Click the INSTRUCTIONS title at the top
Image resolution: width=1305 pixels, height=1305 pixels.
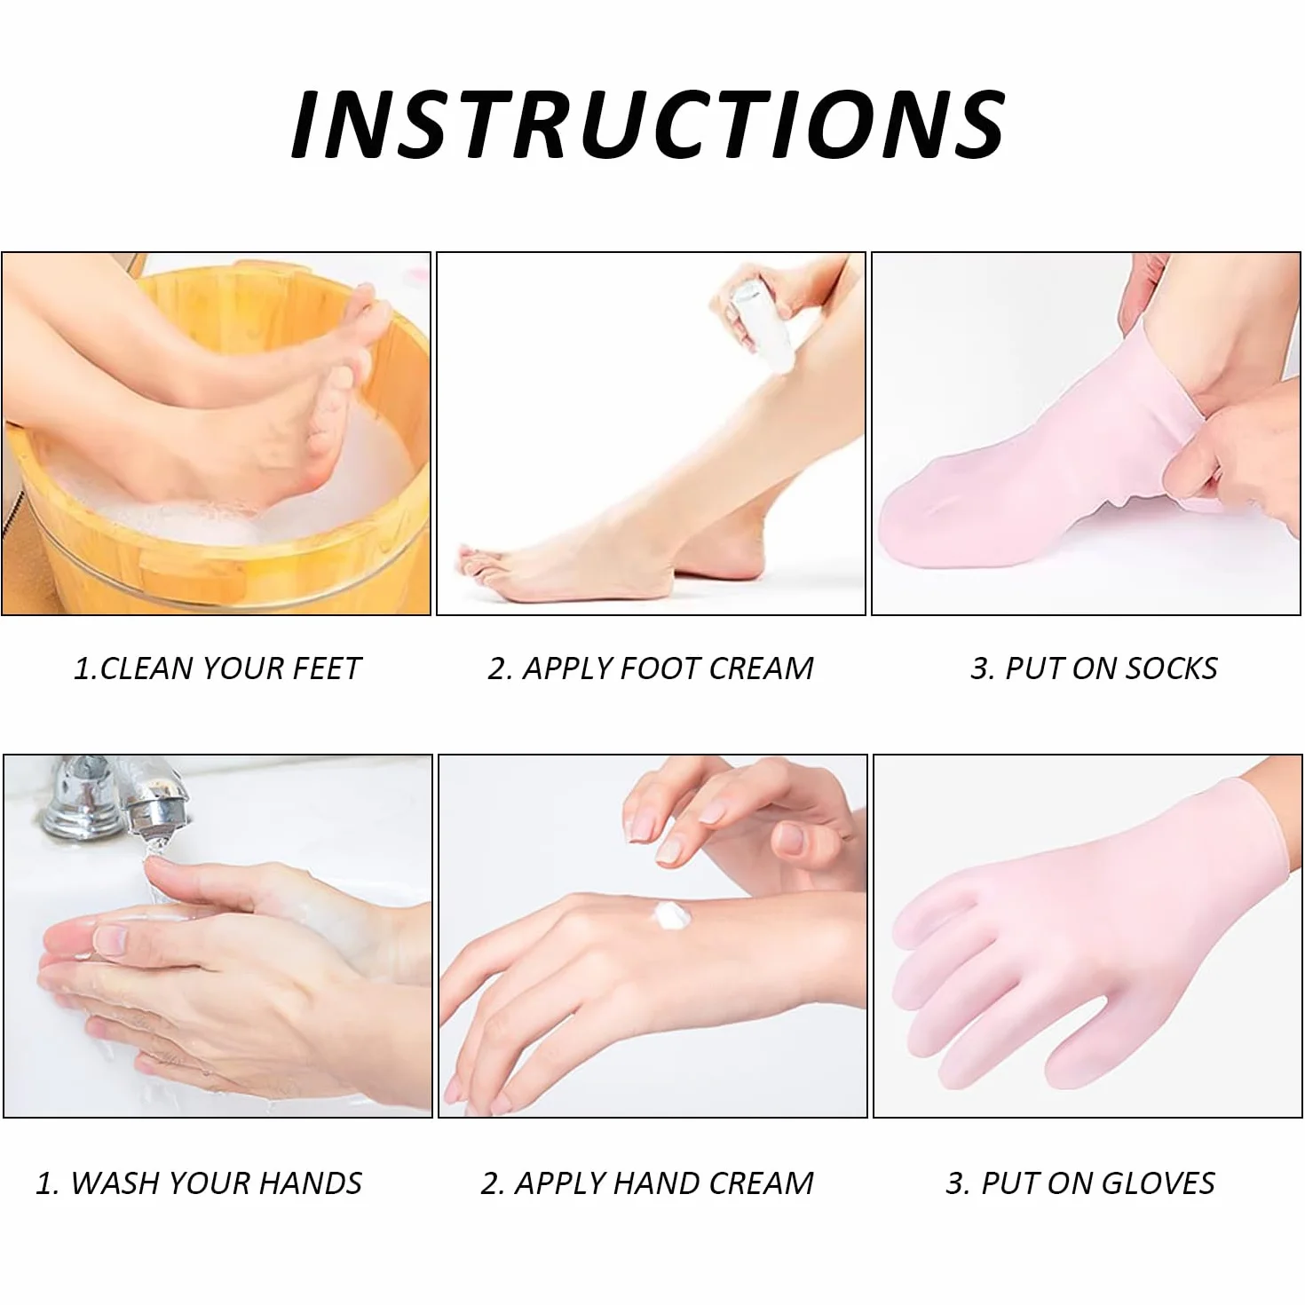click(648, 124)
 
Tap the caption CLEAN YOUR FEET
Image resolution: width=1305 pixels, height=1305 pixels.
click(217, 668)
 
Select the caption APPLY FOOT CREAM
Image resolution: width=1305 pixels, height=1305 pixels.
click(651, 668)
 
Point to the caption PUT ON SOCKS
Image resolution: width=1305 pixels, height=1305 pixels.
click(1094, 668)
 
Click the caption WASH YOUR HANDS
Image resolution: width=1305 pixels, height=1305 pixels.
click(199, 1183)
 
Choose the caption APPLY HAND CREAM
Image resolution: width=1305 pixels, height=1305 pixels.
click(647, 1183)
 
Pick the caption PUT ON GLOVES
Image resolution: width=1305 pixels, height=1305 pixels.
click(1080, 1183)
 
